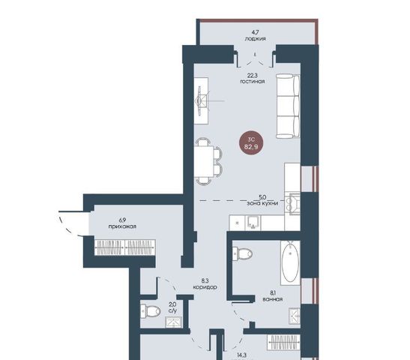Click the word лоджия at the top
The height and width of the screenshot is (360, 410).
255,39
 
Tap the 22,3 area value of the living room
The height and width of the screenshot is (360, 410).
253,76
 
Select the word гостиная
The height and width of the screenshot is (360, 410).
253,81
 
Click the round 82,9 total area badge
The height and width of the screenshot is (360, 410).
251,142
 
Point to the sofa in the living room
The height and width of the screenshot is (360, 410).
288,106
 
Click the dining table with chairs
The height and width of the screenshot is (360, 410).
208,161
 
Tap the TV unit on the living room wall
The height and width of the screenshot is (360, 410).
202,100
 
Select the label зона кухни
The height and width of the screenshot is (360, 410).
262,203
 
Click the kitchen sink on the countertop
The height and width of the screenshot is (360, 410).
253,223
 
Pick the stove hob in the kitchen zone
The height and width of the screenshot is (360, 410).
292,204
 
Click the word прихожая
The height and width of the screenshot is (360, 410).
122,226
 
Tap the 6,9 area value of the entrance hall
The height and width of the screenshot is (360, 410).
122,220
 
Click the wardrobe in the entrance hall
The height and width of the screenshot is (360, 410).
125,247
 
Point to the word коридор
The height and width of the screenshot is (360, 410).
205,287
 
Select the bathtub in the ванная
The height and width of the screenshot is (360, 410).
290,262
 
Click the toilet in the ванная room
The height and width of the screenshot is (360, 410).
242,253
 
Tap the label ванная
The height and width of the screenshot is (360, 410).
273,299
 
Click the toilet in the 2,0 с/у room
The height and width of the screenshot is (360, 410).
151,311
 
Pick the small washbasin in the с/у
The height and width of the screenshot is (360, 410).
174,322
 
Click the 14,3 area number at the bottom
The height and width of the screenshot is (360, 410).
241,355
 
